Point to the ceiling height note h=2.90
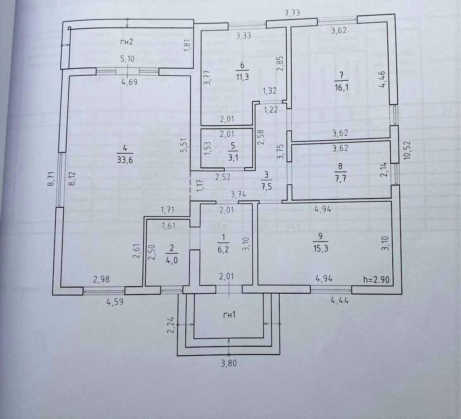click(x=376, y=280)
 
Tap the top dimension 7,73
click(x=293, y=14)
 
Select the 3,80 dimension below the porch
click(x=230, y=364)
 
